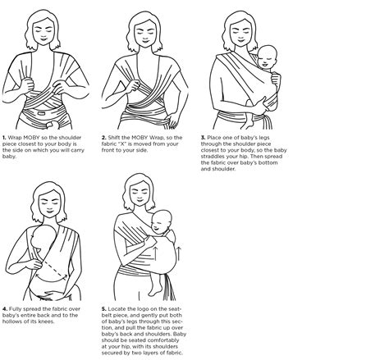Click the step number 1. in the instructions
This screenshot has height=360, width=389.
[5, 138]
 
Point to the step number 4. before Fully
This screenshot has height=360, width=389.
[5, 308]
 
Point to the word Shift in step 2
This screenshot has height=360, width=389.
[118, 138]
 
